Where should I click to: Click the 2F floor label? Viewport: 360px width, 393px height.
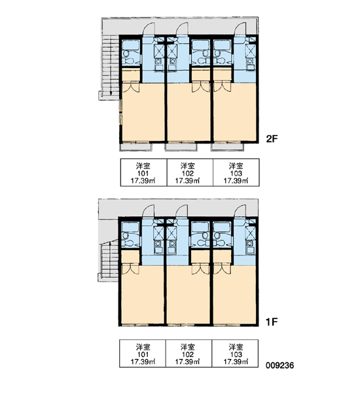pyautogui.click(x=272, y=139)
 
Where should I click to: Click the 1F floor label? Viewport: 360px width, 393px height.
pyautogui.click(x=272, y=322)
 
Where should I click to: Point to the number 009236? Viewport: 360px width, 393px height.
pyautogui.click(x=280, y=365)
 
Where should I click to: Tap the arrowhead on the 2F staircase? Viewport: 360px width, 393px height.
pyautogui.click(x=110, y=94)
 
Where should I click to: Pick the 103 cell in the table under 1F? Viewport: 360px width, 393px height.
pyautogui.click(x=235, y=354)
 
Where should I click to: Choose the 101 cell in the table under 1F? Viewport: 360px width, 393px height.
pyautogui.click(x=142, y=354)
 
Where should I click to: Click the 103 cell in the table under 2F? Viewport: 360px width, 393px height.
pyautogui.click(x=236, y=172)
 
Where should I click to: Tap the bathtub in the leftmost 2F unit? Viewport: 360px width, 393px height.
pyautogui.click(x=130, y=45)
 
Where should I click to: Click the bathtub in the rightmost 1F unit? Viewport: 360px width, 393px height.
pyautogui.click(x=222, y=227)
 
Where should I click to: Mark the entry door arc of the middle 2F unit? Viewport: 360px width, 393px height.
pyautogui.click(x=182, y=28)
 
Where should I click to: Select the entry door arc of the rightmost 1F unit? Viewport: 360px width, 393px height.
pyautogui.click(x=240, y=210)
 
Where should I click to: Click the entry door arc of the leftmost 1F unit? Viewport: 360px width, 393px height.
pyautogui.click(x=149, y=210)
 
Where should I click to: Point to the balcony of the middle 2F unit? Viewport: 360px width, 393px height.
pyautogui.click(x=181, y=147)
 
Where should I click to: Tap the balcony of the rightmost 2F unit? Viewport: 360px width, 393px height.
pyautogui.click(x=227, y=147)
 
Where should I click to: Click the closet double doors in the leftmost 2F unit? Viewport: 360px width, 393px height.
pyautogui.click(x=130, y=86)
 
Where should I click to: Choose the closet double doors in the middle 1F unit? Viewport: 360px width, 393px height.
pyautogui.click(x=201, y=269)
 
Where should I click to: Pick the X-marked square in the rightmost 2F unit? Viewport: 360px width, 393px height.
pyautogui.click(x=250, y=50)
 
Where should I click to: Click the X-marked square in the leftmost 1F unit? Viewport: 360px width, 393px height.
pyautogui.click(x=158, y=232)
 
